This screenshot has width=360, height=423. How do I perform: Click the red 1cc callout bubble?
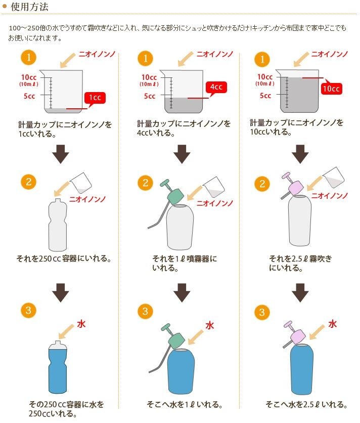tap(95, 98)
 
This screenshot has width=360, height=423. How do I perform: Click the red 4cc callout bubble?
tap(216, 87)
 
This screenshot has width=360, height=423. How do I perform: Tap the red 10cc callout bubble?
tap(331, 88)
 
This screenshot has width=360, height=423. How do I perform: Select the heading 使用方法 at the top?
tap(29, 7)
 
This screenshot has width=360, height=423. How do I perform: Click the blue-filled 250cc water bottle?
tap(58, 367)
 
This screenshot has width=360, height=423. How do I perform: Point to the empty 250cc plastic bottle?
tap(58, 225)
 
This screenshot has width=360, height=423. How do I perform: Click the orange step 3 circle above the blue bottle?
tap(28, 310)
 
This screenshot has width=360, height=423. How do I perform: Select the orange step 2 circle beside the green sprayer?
tap(145, 183)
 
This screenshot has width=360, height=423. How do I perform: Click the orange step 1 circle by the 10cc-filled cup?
tap(262, 59)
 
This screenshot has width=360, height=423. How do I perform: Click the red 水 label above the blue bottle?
tap(81, 324)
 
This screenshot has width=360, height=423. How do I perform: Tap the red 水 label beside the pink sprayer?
tap(332, 324)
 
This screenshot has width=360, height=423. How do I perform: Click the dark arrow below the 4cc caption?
tap(182, 154)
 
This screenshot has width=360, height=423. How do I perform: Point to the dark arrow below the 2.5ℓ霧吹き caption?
tap(300, 292)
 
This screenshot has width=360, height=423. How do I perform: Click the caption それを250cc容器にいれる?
tap(64, 259)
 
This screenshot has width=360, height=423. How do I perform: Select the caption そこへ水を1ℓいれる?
tap(185, 404)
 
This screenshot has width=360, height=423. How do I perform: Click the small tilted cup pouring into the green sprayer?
tap(213, 187)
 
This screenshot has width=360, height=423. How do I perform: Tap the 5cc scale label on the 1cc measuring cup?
tap(29, 96)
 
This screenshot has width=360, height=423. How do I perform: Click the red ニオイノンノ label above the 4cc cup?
tap(215, 54)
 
